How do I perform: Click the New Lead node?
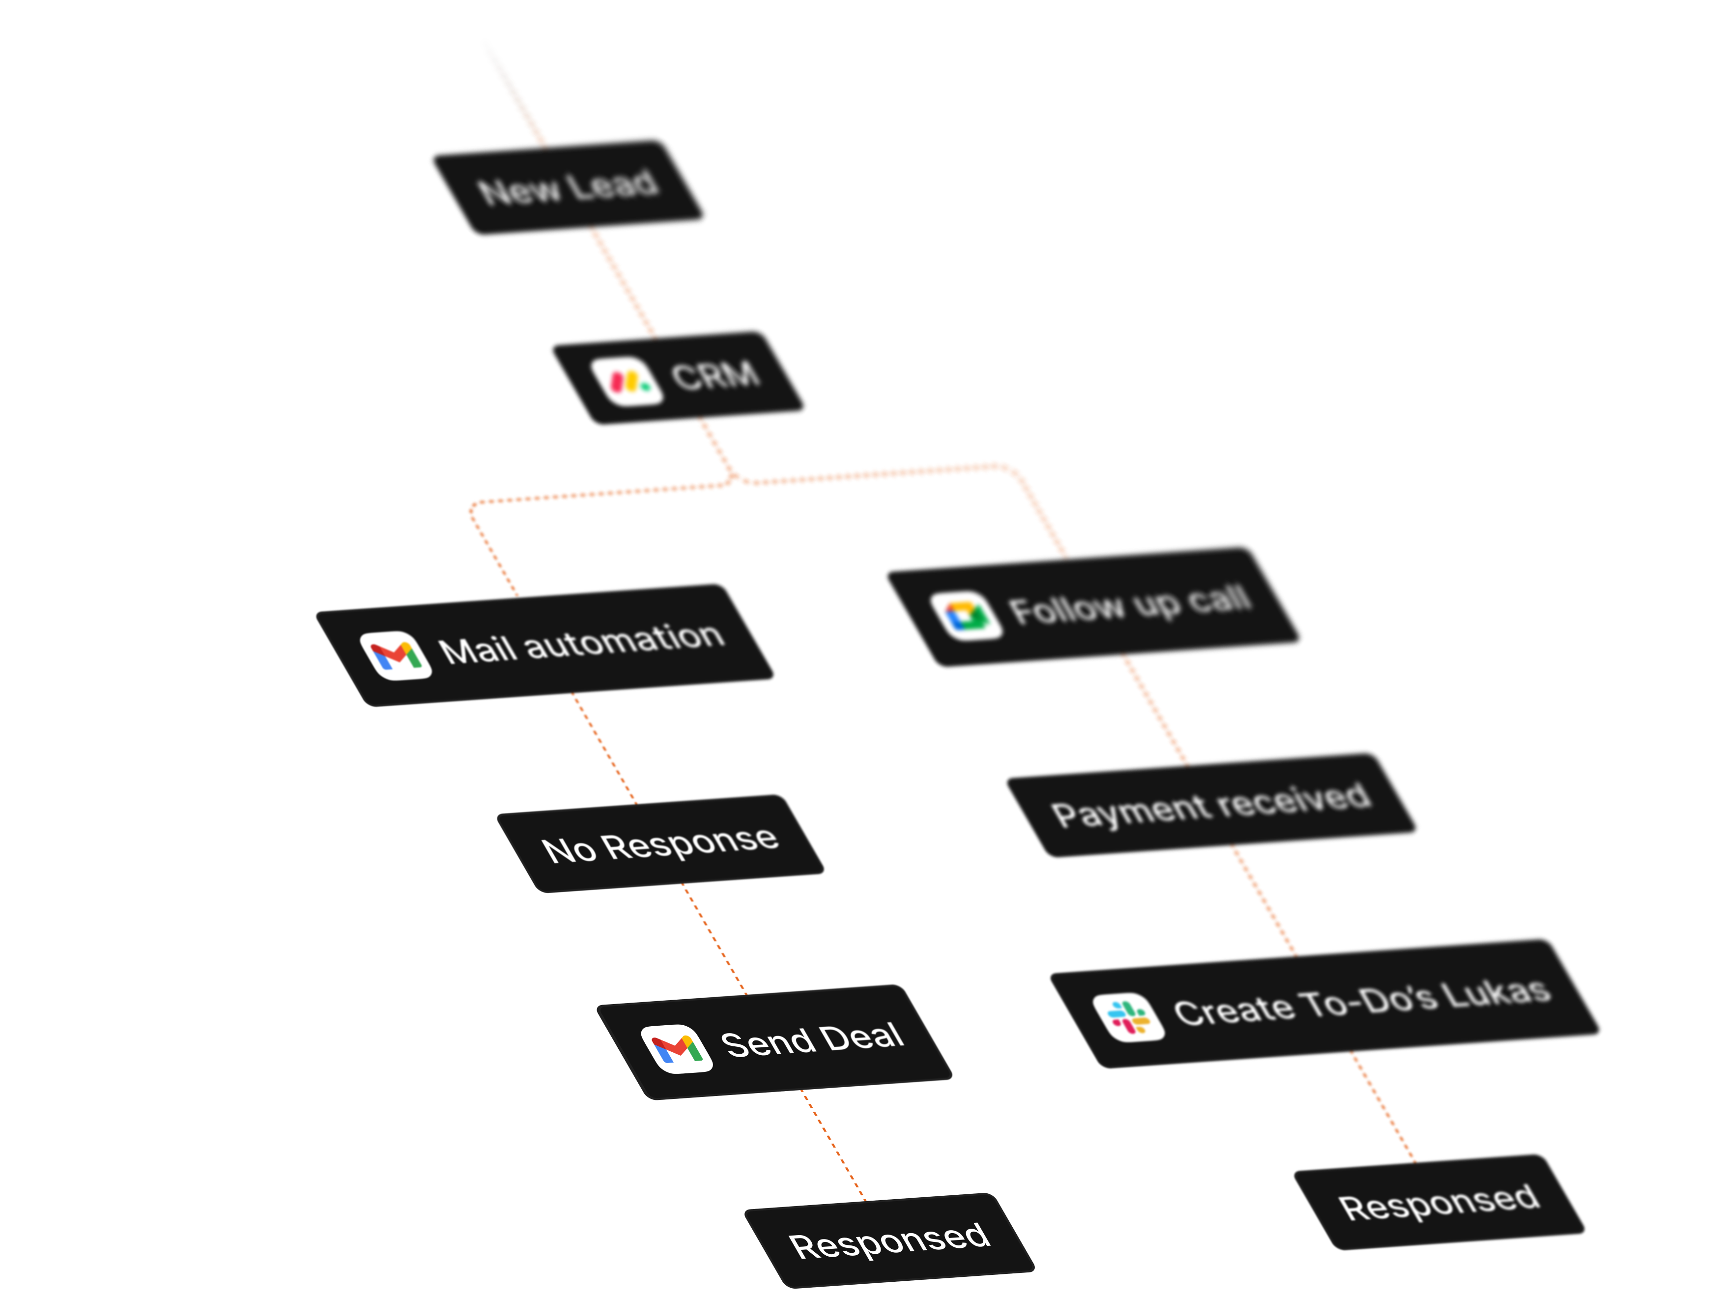coord(569,187)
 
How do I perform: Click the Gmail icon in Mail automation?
coord(396,656)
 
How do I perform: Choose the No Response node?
coord(660,844)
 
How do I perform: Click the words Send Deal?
coord(812,1040)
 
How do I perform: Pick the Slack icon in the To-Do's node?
coord(1128,1017)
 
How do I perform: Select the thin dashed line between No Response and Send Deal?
coord(714,939)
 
